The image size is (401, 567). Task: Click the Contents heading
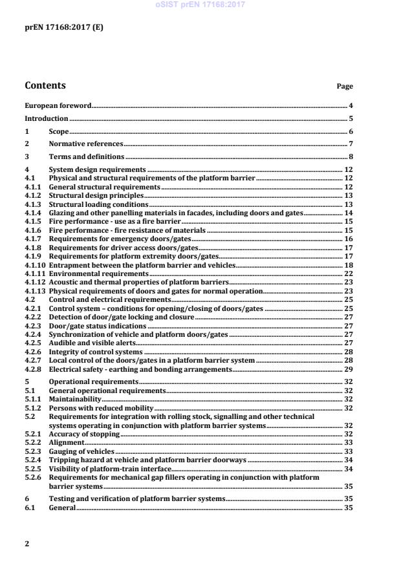[x=45, y=85]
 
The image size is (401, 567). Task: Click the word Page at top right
[x=345, y=87]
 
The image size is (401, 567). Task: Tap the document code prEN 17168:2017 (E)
[x=64, y=28]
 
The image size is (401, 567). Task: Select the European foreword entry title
[x=58, y=105]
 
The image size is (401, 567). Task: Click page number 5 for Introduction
[x=351, y=118]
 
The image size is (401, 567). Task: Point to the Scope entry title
[x=59, y=131]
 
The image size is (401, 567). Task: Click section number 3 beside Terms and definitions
[x=27, y=156]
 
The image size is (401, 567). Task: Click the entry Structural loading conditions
[x=98, y=204]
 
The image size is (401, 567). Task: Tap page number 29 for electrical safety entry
[x=348, y=369]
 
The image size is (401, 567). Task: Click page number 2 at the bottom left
[x=27, y=544]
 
